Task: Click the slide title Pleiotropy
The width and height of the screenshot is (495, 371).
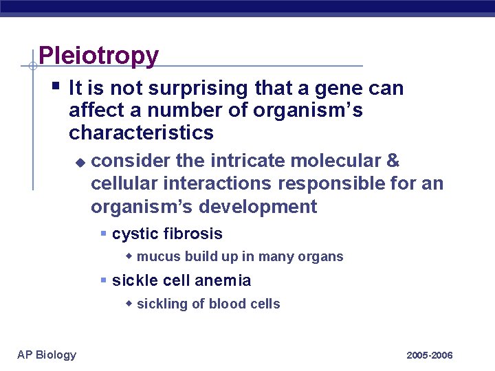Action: [98, 56]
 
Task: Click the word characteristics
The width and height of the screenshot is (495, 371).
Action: [141, 132]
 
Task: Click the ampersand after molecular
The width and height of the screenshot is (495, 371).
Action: [393, 161]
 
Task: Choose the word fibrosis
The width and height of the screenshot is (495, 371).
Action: [192, 234]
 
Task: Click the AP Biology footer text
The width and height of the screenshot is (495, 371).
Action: [47, 355]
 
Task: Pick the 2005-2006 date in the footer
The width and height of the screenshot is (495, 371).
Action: [429, 355]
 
